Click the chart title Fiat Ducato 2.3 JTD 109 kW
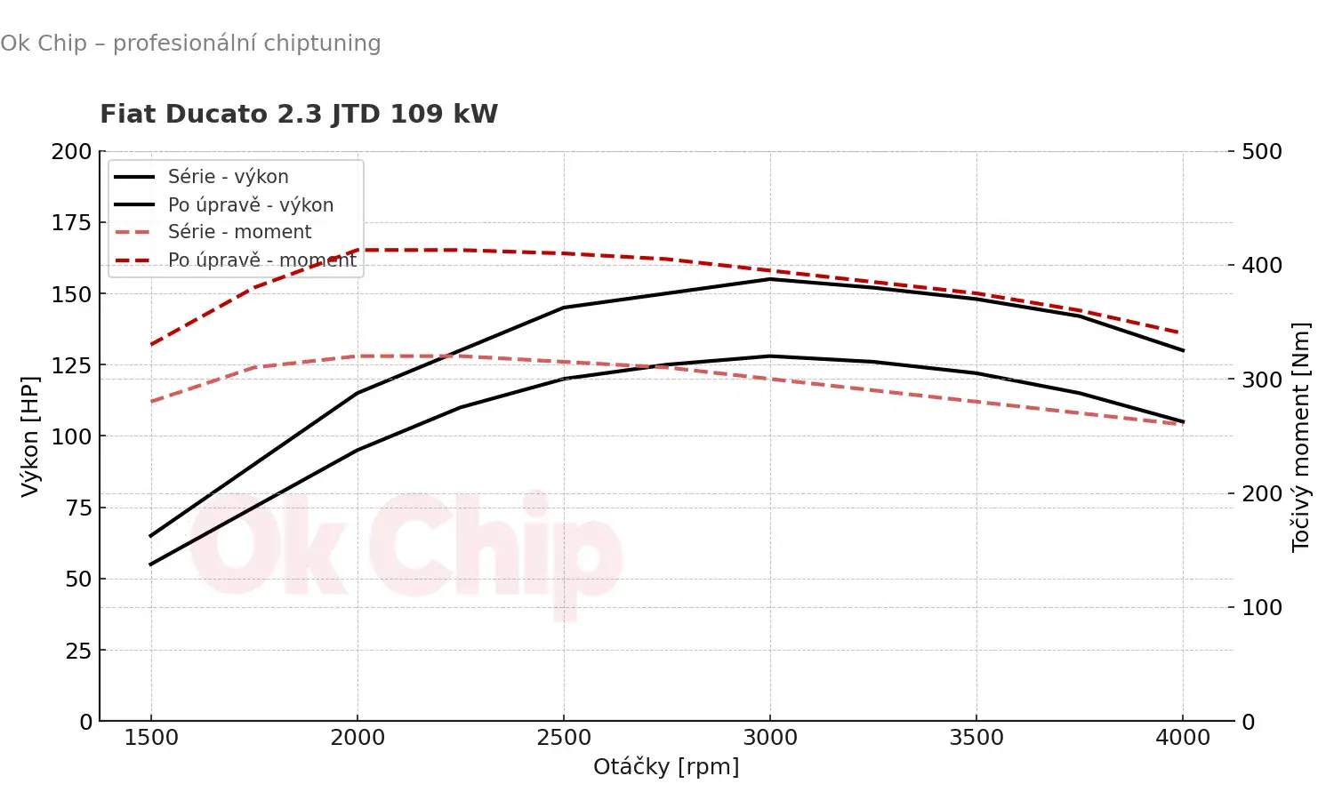(299, 115)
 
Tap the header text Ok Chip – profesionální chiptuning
(190, 44)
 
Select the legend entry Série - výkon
(228, 177)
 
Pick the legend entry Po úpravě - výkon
(251, 205)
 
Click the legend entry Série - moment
(239, 232)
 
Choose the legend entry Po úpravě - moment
(261, 260)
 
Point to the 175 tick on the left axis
(71, 223)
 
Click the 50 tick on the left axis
(78, 580)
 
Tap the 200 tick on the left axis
(71, 152)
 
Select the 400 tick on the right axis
(1262, 266)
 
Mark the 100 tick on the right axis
(1262, 608)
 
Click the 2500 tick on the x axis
(564, 738)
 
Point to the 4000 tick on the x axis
(1183, 738)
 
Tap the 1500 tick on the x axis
(151, 738)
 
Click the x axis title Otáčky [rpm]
(666, 767)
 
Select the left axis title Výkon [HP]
(30, 436)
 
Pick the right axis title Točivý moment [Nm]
(1301, 436)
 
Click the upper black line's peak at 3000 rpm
(770, 279)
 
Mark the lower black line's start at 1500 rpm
(151, 564)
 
